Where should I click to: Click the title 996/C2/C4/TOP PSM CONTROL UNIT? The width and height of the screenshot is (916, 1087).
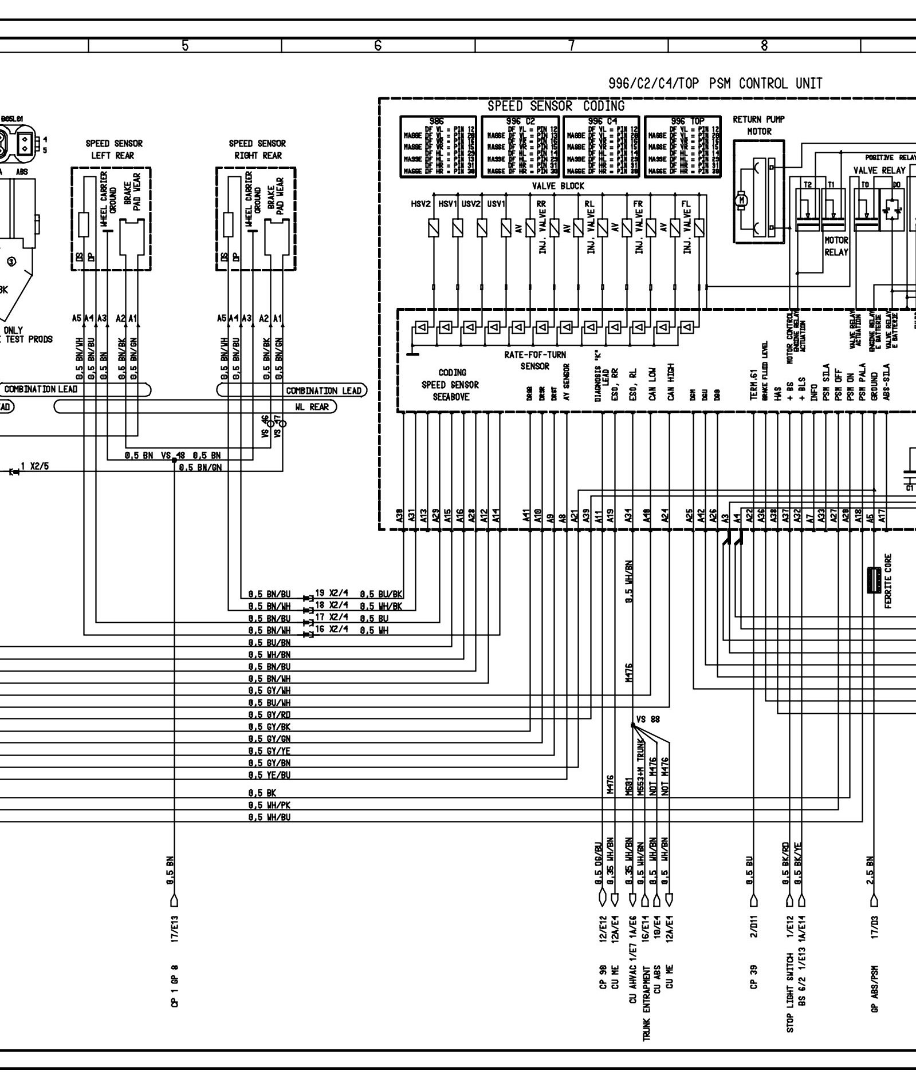(x=715, y=84)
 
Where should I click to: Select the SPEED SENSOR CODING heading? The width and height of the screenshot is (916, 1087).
(x=556, y=106)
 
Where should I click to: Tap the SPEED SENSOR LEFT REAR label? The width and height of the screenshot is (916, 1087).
(x=114, y=149)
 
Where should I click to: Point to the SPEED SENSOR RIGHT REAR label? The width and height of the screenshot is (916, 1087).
(x=257, y=149)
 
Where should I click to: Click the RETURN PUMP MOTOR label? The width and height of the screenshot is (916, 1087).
(x=758, y=125)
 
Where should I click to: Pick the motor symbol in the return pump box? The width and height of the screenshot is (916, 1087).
(x=744, y=200)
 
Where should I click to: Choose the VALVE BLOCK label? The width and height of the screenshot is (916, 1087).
(x=558, y=186)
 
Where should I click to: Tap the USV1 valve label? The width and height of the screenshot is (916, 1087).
(x=496, y=204)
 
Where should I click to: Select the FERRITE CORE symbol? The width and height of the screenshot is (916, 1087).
(x=874, y=580)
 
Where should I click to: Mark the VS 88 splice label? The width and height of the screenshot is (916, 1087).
(x=648, y=719)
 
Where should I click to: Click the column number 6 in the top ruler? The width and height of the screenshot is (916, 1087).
(x=378, y=45)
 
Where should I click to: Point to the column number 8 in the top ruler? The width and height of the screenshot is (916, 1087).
(x=764, y=45)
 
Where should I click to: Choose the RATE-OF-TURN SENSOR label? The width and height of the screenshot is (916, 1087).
(x=535, y=361)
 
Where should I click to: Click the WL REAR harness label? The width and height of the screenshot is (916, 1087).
(x=312, y=407)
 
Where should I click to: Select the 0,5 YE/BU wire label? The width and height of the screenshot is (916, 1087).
(x=269, y=775)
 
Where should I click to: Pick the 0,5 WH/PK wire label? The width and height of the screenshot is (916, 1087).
(x=269, y=805)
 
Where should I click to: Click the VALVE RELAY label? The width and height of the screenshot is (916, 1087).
(x=879, y=171)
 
